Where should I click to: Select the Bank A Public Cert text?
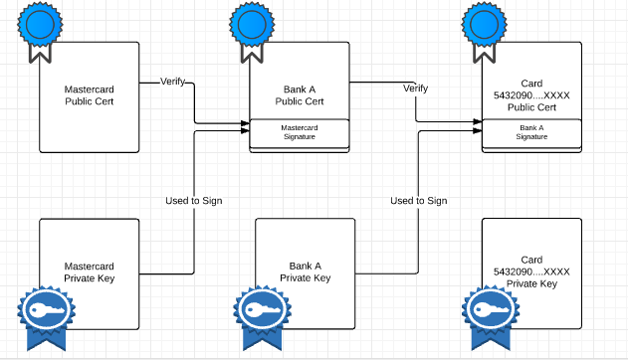click(x=300, y=95)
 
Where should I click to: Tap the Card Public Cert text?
click(x=531, y=95)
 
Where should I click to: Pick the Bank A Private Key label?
click(x=305, y=272)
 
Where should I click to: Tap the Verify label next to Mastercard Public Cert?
click(x=173, y=82)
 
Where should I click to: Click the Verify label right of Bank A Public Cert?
click(x=415, y=89)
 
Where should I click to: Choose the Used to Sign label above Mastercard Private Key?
click(x=193, y=201)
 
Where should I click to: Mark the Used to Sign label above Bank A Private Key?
click(x=418, y=201)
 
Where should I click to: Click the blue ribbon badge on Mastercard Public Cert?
click(x=41, y=26)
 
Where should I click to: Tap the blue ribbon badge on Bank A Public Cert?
click(x=250, y=26)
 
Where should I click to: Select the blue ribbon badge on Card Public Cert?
click(x=484, y=26)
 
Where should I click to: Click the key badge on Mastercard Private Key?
click(x=41, y=316)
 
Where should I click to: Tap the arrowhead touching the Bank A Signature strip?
click(x=477, y=126)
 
